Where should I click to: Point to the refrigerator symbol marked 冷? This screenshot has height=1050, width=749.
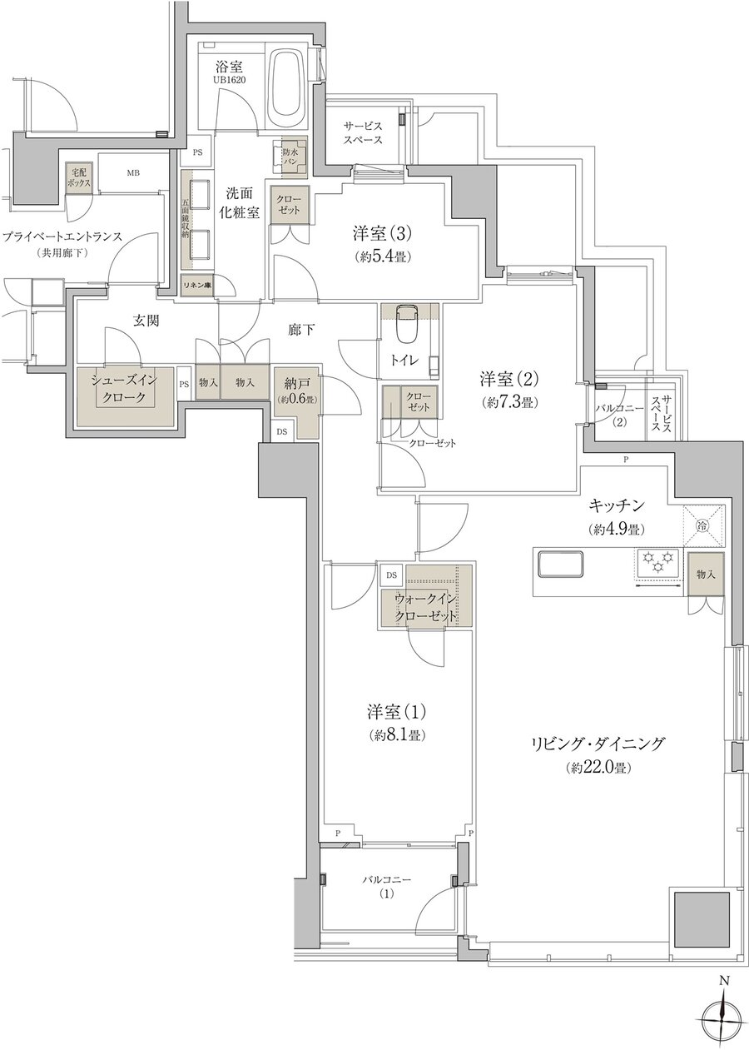coord(702,525)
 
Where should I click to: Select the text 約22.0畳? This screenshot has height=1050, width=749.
coord(597,767)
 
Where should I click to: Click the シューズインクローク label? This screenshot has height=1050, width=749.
coord(124,388)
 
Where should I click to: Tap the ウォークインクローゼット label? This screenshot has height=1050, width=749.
coord(425,608)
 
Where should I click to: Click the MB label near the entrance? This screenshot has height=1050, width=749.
coord(133,173)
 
